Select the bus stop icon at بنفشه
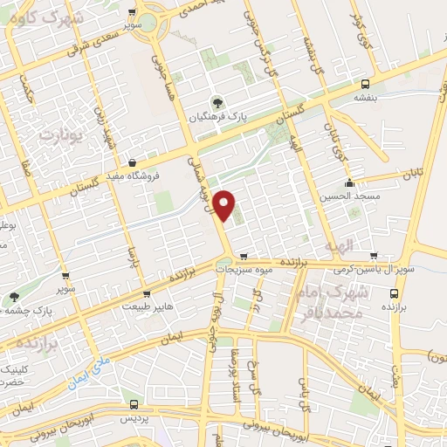[x=365, y=85]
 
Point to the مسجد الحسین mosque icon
[x=349, y=183]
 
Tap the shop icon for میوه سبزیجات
[x=243, y=257]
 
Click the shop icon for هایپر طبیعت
[x=147, y=294]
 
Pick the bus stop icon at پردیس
[x=133, y=404]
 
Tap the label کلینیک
[x=12, y=369]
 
